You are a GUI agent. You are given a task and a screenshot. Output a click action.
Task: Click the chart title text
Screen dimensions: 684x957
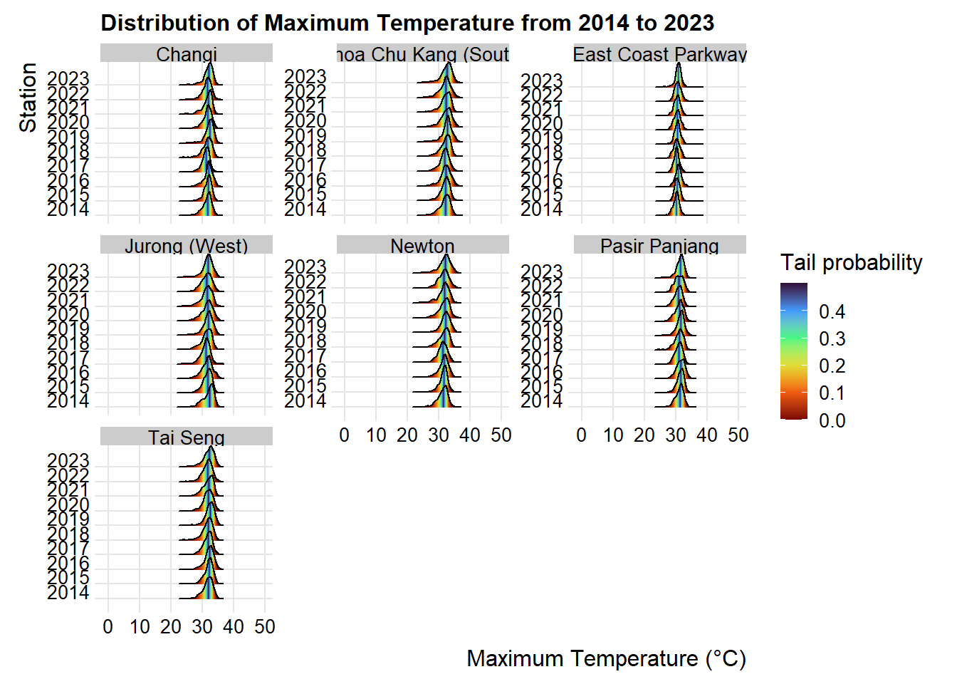pos(407,23)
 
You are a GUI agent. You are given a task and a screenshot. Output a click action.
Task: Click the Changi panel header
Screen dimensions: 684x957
pos(187,54)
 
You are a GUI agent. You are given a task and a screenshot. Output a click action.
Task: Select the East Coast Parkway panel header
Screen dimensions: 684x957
pos(659,54)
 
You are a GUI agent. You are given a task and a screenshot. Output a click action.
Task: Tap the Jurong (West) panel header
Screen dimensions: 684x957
pos(187,246)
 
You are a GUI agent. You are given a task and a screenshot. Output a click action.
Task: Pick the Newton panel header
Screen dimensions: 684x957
pos(422,246)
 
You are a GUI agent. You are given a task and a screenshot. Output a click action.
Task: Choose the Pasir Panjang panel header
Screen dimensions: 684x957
pos(659,246)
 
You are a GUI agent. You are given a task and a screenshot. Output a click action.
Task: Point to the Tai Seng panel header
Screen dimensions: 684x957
pos(187,437)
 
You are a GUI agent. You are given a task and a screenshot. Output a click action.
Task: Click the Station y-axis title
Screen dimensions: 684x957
pos(28,98)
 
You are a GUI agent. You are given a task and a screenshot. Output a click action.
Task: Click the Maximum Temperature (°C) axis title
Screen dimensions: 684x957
pos(606,658)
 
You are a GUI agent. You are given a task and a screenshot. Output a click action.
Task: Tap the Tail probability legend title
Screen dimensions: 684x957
pos(851,262)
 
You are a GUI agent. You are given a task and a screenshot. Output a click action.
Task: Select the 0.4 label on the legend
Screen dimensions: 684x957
pos(832,311)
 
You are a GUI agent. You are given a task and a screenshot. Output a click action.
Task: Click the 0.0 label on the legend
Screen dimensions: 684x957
pos(832,420)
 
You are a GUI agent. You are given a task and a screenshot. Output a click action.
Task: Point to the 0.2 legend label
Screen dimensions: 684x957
pos(832,366)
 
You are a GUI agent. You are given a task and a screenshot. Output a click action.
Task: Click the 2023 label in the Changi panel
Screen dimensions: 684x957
pos(68,78)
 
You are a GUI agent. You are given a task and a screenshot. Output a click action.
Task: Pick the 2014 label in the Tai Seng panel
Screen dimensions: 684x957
pos(68,592)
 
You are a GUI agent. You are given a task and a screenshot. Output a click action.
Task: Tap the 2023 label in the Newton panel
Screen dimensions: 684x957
pos(305,267)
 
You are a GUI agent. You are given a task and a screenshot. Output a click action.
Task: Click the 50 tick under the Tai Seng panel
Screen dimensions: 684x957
pos(265,627)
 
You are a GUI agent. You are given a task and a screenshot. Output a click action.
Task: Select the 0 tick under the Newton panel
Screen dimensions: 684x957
pos(345,435)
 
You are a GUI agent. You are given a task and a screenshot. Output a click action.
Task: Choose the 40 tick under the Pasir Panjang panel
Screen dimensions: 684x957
pos(706,435)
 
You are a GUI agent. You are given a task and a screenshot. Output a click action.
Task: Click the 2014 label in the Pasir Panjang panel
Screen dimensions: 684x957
pos(541,401)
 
